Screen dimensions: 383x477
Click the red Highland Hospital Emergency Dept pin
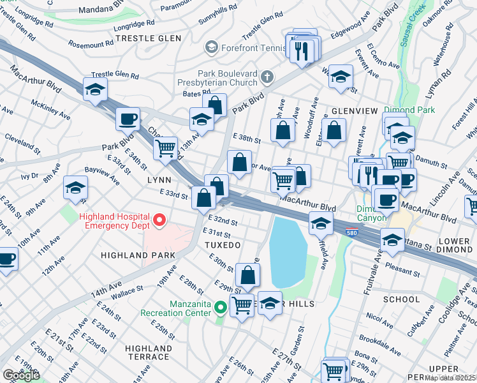159,221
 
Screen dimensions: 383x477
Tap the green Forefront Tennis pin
211,47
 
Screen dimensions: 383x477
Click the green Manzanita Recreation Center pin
221,308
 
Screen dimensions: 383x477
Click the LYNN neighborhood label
159,181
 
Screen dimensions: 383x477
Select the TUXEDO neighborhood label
222,245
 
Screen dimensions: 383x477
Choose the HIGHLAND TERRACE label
149,352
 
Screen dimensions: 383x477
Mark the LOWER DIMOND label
454,246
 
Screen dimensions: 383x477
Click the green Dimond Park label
409,110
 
